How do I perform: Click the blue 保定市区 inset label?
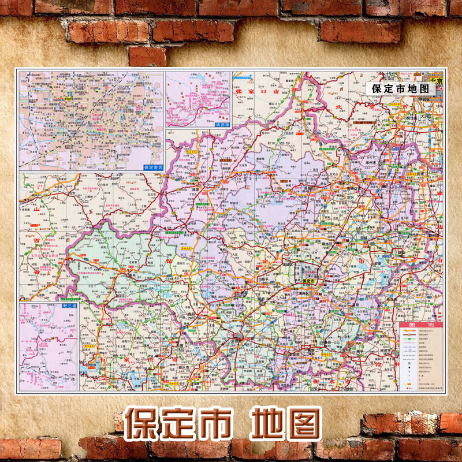tap(154, 166)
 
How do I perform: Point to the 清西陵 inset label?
tap(222, 124)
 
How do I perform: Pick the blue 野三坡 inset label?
tap(68, 305)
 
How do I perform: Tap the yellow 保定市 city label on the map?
tap(311, 281)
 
